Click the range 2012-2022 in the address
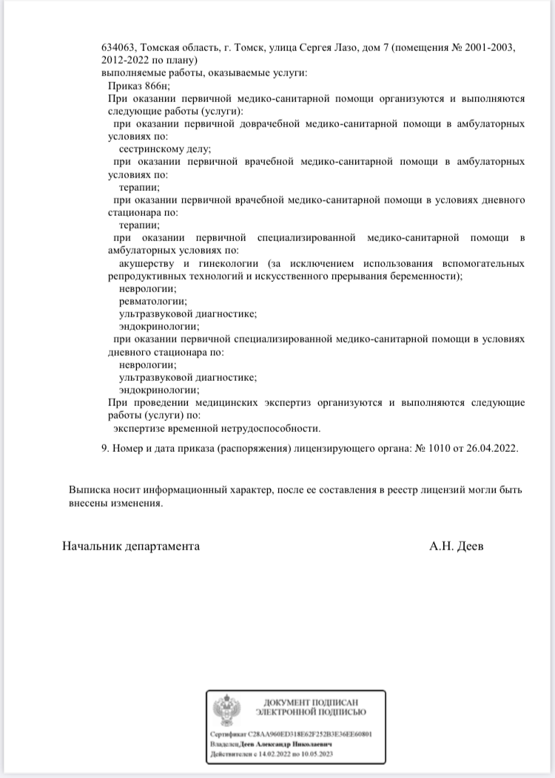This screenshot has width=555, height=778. (127, 60)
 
